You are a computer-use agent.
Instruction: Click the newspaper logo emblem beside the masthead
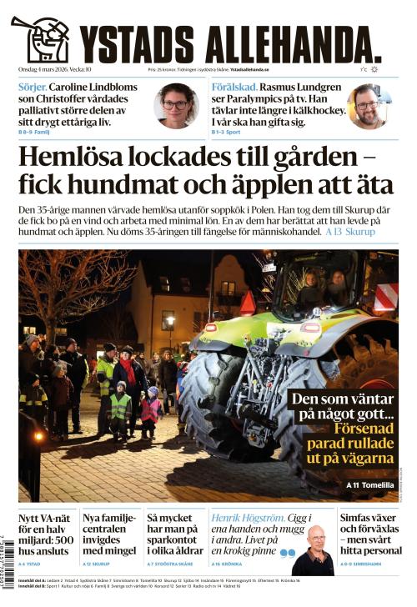pos(42,38)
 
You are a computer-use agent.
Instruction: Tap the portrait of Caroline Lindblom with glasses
pos(176,105)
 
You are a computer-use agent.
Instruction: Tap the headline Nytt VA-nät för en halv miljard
pos(46,534)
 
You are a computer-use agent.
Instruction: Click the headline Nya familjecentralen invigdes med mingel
pos(108,534)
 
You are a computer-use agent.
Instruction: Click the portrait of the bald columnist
pos(314,550)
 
